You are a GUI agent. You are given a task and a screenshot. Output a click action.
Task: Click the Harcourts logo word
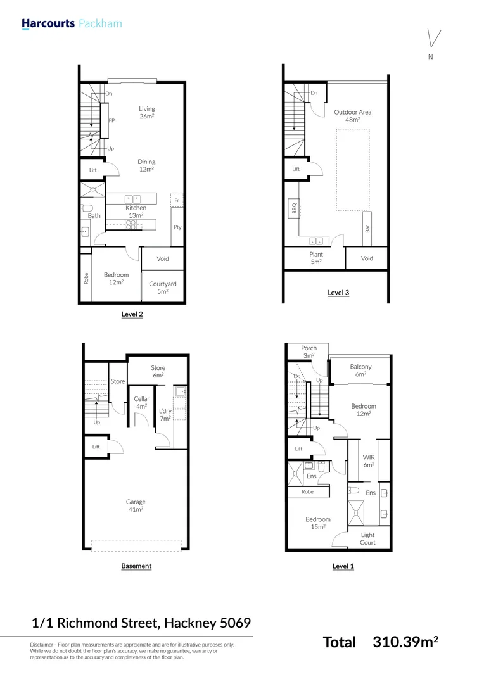coord(48,24)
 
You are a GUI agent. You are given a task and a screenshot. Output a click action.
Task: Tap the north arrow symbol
coord(433,39)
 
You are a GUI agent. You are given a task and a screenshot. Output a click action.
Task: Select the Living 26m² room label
coord(147,113)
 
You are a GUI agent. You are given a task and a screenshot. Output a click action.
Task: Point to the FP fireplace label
coord(111,120)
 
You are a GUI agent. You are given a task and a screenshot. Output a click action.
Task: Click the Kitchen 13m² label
coord(136,212)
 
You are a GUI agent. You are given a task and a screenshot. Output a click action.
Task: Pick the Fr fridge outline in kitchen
coord(177,199)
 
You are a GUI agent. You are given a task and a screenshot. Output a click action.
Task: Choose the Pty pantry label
coord(177,227)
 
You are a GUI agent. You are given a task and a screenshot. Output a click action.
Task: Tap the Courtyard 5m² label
coord(163,288)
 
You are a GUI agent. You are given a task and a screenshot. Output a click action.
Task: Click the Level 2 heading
coord(132,313)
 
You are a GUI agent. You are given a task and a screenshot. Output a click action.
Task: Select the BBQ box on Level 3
coord(294,208)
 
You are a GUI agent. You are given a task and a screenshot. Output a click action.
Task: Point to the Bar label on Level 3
coord(367,228)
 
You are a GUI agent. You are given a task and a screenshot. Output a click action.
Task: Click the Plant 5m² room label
coord(316,258)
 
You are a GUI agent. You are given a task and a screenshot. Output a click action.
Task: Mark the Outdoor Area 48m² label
coord(353,116)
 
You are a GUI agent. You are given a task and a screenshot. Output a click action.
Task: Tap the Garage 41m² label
coord(136,505)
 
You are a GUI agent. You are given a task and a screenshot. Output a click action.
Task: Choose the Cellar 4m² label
coord(142,402)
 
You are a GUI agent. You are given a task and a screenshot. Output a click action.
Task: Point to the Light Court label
coord(367,538)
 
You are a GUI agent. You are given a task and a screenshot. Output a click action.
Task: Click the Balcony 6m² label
coord(360,370)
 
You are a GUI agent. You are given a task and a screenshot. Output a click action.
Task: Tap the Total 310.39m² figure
coord(381,642)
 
